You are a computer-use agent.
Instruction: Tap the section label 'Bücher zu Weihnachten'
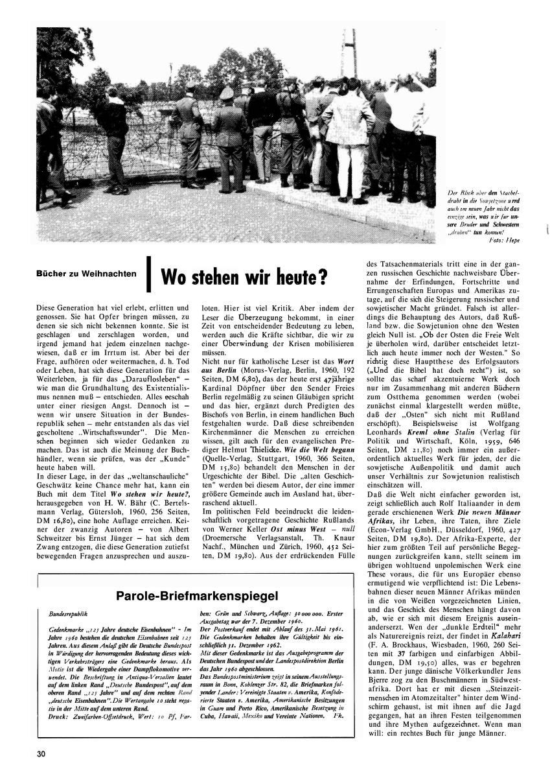tap(95, 273)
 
